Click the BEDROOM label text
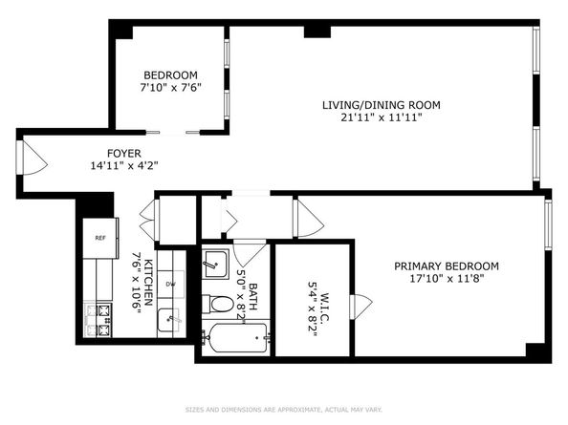point(170,75)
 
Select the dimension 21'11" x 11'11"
point(371,118)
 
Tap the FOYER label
point(123,152)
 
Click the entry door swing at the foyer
point(32,157)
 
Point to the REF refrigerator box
point(99,237)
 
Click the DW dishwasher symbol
point(171,284)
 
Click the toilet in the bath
point(219,305)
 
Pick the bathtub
point(234,340)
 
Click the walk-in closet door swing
point(360,308)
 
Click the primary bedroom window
point(548,224)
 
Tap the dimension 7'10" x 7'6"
point(170,89)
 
